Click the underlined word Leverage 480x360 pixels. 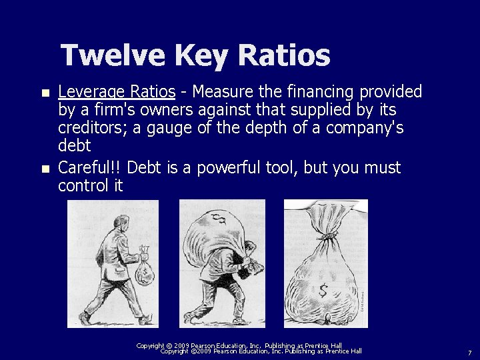tap(91, 91)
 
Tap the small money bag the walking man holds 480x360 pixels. tap(143, 271)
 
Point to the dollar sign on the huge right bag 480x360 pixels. tap(324, 291)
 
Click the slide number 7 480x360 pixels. tap(469, 352)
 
